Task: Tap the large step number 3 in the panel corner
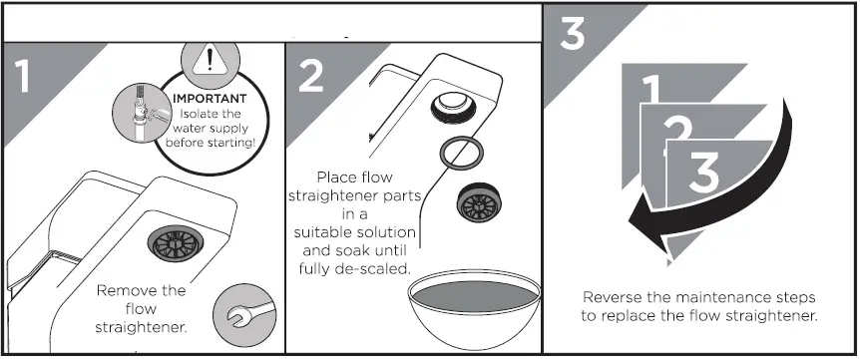[x=573, y=34]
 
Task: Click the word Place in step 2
[x=338, y=178]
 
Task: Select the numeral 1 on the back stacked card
[x=650, y=92]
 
